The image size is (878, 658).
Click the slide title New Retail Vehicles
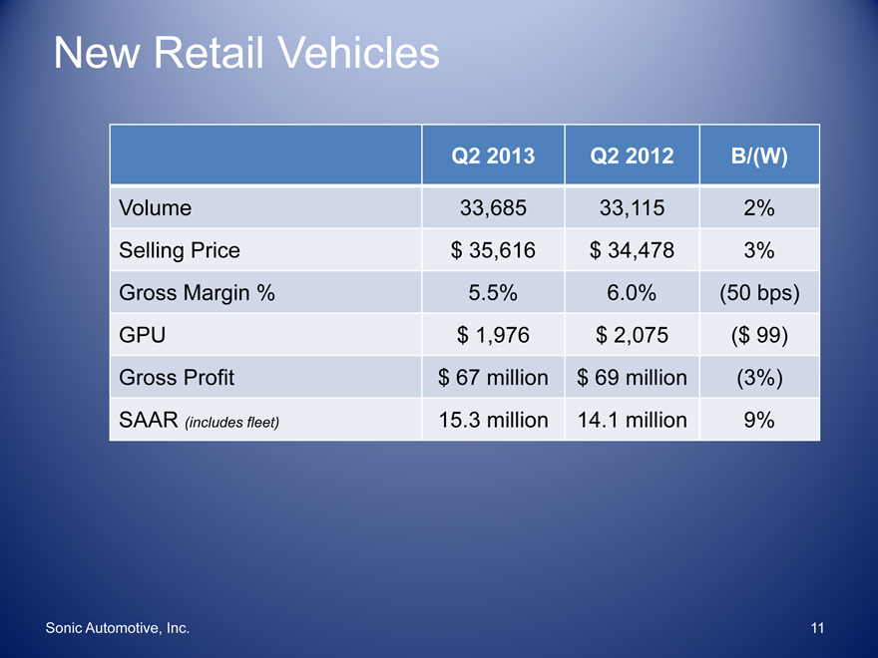[x=246, y=53]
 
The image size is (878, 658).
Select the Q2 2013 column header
[x=493, y=156]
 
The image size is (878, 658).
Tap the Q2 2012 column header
[x=632, y=156]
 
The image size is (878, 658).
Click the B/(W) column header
[x=759, y=156]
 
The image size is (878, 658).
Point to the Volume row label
[x=155, y=208]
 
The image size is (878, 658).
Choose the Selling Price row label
[x=180, y=250]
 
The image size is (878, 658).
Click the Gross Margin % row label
[x=197, y=293]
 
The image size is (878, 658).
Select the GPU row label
[x=142, y=336]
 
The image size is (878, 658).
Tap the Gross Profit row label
[x=176, y=378]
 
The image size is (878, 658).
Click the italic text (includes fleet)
[x=232, y=422]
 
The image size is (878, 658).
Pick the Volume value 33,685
[x=493, y=208]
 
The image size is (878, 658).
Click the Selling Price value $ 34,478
[x=632, y=250]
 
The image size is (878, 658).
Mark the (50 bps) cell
[x=759, y=293]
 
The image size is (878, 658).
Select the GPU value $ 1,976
[x=493, y=336]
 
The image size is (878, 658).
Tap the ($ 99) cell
[x=759, y=336]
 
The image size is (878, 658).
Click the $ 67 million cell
[x=493, y=378]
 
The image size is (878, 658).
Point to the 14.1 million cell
[x=632, y=420]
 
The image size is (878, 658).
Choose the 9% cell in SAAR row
[x=759, y=420]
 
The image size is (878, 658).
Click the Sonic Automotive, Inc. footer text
[x=118, y=628]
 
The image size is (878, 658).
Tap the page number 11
[x=818, y=628]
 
